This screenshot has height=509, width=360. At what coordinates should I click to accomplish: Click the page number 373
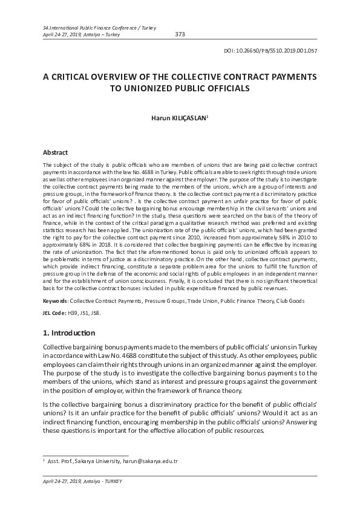click(x=180, y=34)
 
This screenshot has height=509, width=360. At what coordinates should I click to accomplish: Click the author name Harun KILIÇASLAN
click(x=179, y=118)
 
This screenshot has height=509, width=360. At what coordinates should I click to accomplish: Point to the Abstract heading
click(x=56, y=153)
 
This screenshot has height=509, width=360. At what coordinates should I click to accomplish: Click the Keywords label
click(x=56, y=300)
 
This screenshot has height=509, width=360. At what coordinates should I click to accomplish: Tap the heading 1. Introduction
click(x=69, y=333)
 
